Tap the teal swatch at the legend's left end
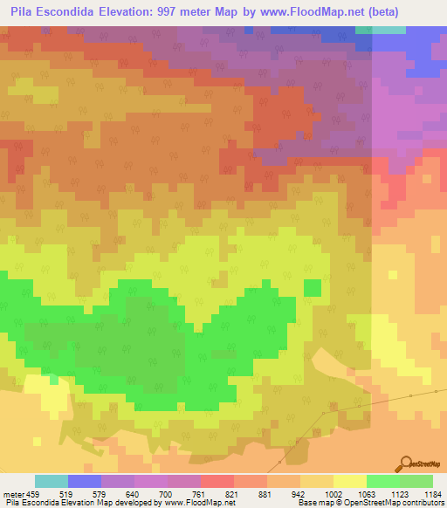pos(52,481)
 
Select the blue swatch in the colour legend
pos(85,481)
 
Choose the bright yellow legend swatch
pos(349,481)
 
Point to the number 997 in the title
pos(201,11)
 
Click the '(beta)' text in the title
pos(413,11)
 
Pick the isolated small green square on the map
pos(312,287)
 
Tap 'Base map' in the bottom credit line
pos(313,503)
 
